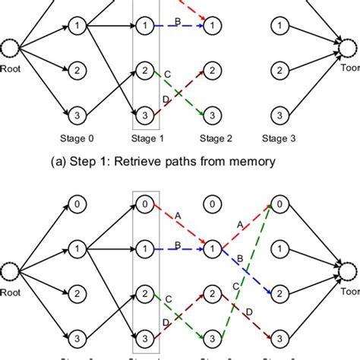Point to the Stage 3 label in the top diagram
click(279, 138)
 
